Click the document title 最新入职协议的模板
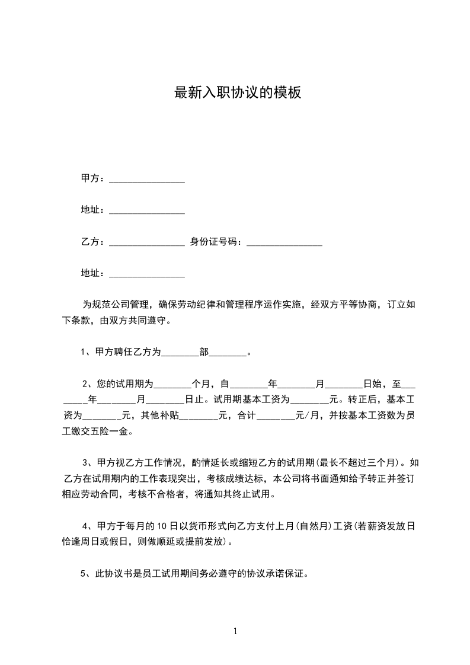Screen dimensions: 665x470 pyautogui.click(x=237, y=93)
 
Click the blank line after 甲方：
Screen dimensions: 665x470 pyautogui.click(x=147, y=180)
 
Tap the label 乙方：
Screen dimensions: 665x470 pyautogui.click(x=92, y=242)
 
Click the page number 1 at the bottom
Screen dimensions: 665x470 pyautogui.click(x=235, y=631)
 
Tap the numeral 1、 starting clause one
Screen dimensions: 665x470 pyautogui.click(x=86, y=352)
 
